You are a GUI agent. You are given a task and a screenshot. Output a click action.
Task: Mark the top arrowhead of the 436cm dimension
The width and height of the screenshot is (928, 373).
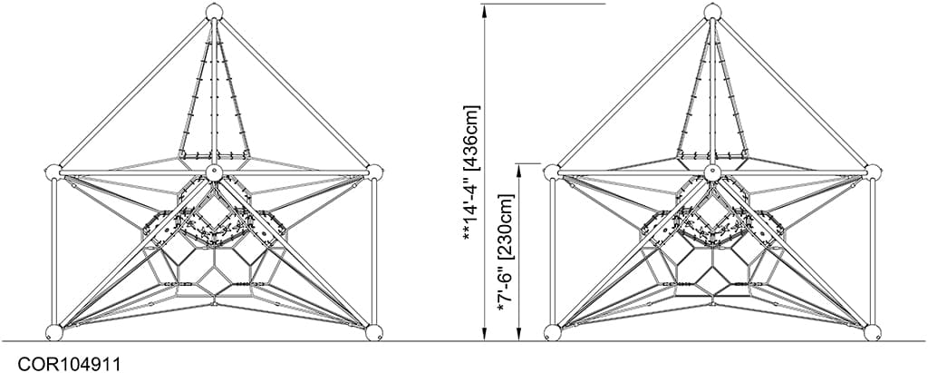pyautogui.click(x=487, y=8)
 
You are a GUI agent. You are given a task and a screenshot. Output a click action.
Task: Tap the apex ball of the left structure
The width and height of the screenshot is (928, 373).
pyautogui.click(x=214, y=11)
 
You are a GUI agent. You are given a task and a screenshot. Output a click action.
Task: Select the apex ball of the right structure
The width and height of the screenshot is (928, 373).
pyautogui.click(x=711, y=11)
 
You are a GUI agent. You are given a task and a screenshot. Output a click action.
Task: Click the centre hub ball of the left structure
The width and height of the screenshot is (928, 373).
pyautogui.click(x=214, y=172)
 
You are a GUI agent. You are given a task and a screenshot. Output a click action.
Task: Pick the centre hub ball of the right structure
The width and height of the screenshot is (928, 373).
pyautogui.click(x=711, y=172)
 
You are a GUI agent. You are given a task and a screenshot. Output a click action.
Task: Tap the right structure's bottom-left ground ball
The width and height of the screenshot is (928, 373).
pyautogui.click(x=554, y=332)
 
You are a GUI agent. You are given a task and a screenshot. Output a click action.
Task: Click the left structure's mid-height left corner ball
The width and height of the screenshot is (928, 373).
pyautogui.click(x=53, y=172)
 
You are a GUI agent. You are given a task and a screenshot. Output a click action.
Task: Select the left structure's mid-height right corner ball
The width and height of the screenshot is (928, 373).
pyautogui.click(x=374, y=172)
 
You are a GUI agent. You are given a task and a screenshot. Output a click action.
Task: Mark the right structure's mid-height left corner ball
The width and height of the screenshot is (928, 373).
pyautogui.click(x=552, y=172)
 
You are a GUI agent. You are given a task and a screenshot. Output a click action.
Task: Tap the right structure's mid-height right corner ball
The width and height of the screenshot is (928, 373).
pyautogui.click(x=873, y=172)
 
